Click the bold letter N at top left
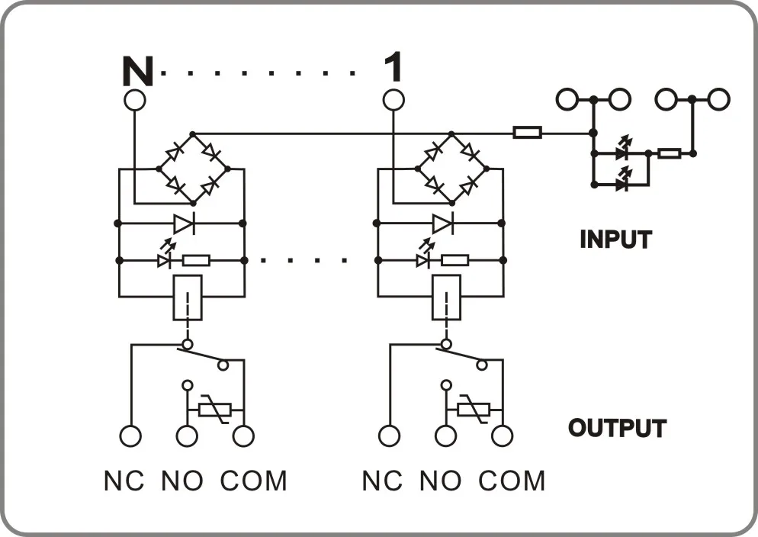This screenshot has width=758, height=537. tap(138, 71)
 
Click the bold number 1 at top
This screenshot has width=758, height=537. tap(393, 67)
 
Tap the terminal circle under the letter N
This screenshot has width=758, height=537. tap(134, 100)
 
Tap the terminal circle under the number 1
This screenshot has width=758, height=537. tap(393, 100)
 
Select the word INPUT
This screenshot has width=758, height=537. tap(616, 240)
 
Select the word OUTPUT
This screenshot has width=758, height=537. tap(618, 428)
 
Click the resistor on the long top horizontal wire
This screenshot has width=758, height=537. tap(527, 133)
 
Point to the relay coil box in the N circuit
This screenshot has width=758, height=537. tap(188, 297)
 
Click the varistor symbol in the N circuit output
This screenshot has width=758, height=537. tap(216, 410)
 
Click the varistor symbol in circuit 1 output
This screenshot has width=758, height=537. tap(474, 410)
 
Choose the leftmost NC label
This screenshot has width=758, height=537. tap(124, 481)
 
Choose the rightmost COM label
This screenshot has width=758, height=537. tap(512, 481)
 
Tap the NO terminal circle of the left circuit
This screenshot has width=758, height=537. tap(187, 436)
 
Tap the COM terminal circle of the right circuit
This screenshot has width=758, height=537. tap(503, 436)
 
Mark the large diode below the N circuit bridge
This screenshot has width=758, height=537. tap(185, 223)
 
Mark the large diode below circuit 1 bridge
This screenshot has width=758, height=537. tap(443, 223)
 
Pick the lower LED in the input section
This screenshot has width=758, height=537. tap(623, 182)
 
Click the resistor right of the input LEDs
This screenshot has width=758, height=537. tap(670, 154)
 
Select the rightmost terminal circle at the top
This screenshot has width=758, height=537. tap(719, 100)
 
